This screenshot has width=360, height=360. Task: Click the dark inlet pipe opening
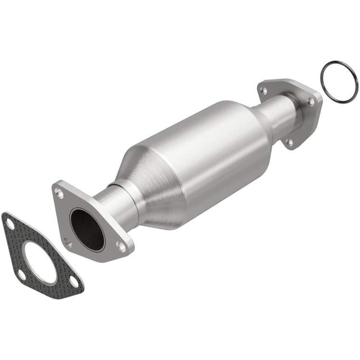pyautogui.click(x=86, y=229)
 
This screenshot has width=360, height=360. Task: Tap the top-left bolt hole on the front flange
pyautogui.click(x=60, y=193)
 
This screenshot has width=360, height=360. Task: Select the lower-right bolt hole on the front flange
pyautogui.click(x=122, y=246)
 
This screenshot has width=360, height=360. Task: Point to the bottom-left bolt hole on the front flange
pyautogui.click(x=68, y=242)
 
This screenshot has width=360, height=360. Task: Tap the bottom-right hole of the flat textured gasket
pyautogui.click(x=74, y=281)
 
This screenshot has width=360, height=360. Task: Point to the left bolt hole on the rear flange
pyautogui.click(x=264, y=91)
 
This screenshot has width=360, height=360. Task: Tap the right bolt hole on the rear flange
pyautogui.click(x=311, y=102)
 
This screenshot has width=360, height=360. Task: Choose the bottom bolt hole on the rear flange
pyautogui.click(x=289, y=142)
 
